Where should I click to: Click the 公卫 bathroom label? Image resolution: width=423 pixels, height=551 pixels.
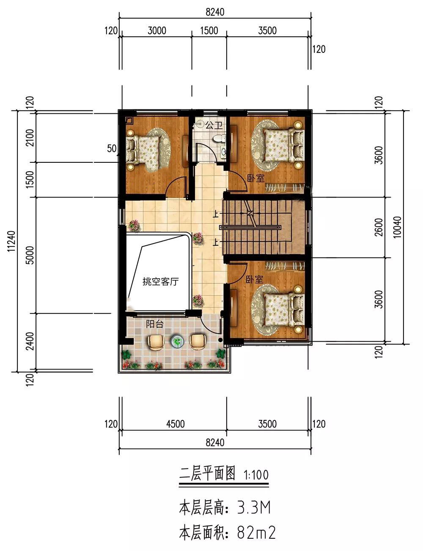coord(214,125)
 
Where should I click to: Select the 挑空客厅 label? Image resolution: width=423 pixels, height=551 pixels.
coord(160,282)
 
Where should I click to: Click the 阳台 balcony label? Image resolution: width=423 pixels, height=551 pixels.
coord(155,324)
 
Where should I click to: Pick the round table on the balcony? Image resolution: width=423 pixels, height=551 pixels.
coord(177,341)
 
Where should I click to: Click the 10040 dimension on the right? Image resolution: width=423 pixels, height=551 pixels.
coord(398,227)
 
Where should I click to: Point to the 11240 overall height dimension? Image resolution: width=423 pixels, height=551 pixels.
coord(11,241)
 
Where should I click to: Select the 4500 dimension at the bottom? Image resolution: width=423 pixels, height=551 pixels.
coord(175,424)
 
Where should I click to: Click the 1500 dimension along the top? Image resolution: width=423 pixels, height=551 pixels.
coord(209,31)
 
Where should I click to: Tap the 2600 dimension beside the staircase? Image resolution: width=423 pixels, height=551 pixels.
coord(379,227)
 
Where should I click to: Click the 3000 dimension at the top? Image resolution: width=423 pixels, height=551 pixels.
coord(157,31)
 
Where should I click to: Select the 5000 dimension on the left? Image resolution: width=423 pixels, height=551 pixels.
coord(30,255)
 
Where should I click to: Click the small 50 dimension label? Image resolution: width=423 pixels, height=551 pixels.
coord(112,148)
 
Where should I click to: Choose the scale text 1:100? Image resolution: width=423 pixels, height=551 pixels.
coord(256,475)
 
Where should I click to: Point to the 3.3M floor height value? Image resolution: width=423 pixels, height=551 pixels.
coord(254,507)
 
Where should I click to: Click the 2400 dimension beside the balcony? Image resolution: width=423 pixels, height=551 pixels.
coord(30,341)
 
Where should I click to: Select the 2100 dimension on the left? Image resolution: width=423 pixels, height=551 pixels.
coord(30,138)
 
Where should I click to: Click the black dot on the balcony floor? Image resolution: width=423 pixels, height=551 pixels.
coord(220,340)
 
